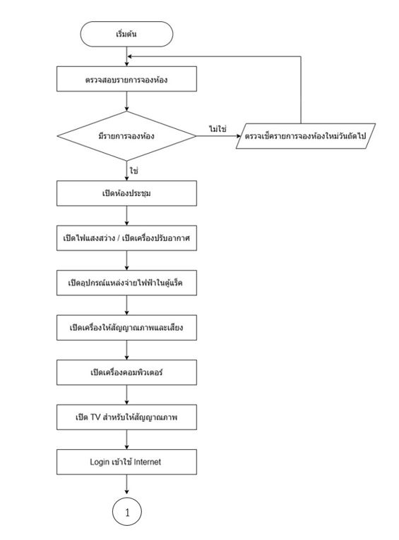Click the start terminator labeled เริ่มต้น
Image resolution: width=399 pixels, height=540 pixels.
[x=126, y=34]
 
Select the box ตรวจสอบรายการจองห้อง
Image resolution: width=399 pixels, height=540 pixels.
[x=126, y=79]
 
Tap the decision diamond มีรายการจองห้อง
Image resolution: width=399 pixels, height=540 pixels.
[x=126, y=136]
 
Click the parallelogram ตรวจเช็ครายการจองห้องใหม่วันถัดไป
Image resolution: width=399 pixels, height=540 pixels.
[x=306, y=136]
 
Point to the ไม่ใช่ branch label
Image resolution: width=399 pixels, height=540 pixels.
[x=218, y=129]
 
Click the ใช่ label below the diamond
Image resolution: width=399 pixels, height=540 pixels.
[x=133, y=171]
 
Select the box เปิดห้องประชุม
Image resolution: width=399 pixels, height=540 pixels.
[x=126, y=193]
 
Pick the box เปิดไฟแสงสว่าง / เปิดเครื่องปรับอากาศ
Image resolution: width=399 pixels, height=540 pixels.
[x=126, y=238]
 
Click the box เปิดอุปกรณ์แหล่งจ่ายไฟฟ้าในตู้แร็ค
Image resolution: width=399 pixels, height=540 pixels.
[x=126, y=283]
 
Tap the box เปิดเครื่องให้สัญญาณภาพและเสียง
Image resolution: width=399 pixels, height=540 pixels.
[x=126, y=328]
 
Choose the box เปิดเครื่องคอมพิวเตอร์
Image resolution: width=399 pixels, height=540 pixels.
[x=126, y=372]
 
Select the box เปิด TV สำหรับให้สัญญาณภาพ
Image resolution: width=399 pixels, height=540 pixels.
[x=126, y=417]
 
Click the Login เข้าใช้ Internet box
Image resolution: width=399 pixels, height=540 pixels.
[x=126, y=462]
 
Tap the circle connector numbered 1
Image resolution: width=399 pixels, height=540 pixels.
[x=127, y=512]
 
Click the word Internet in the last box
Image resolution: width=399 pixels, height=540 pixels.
[x=148, y=462]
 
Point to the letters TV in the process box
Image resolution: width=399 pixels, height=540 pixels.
[x=95, y=417]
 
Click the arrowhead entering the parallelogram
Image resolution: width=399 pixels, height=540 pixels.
[x=238, y=136]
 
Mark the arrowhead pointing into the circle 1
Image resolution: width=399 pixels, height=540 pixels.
[x=127, y=491]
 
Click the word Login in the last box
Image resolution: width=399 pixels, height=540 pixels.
[x=100, y=462]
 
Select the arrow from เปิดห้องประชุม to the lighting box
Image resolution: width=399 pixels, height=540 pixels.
[x=126, y=216]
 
